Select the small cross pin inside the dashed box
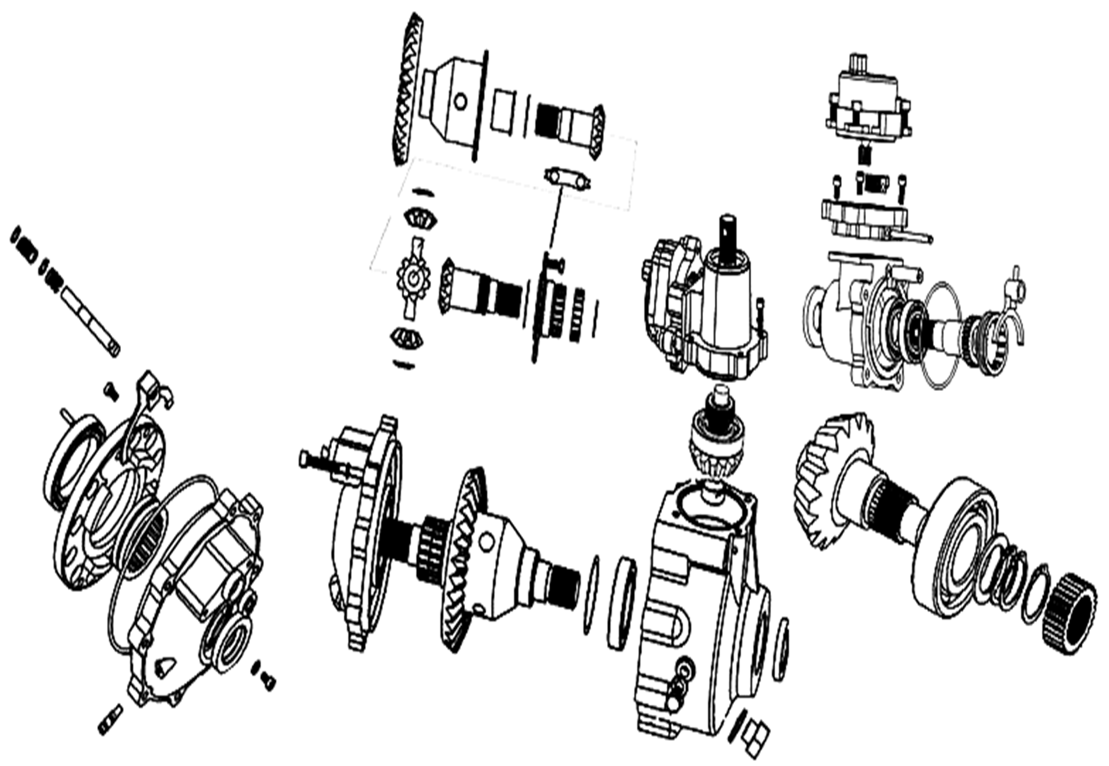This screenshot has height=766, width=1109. pos(567,178)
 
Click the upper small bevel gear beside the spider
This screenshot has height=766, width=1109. pos(418,218)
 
